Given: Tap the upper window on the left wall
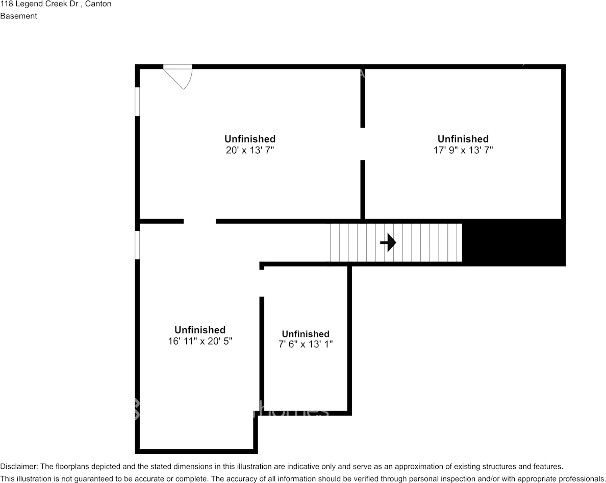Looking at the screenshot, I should pos(137,102).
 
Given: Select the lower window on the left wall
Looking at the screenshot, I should pos(137,245).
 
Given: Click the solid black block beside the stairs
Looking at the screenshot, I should pos(513,243).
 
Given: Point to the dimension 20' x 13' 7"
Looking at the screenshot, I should pos(250,150).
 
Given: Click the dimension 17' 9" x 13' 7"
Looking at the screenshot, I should pos(463,150).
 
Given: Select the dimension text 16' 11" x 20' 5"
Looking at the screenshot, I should pos(200,341).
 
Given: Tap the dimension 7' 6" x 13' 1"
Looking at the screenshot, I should pos(306,345).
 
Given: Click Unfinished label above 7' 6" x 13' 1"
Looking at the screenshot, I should pos(306,334).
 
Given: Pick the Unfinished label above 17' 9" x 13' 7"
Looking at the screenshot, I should pos(463,139).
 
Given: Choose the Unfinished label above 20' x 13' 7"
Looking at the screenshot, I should pos(250,139).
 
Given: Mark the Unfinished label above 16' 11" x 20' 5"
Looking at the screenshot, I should pos(200,330).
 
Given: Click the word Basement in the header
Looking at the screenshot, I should pos(18,16).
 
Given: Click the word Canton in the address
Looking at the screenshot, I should pos(98,4).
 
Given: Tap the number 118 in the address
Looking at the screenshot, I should pos(7,4).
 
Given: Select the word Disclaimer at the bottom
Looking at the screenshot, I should pos(18,467).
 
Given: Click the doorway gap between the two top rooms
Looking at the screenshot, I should pos(363,144).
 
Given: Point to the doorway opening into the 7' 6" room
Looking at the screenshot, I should pos(262,283).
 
